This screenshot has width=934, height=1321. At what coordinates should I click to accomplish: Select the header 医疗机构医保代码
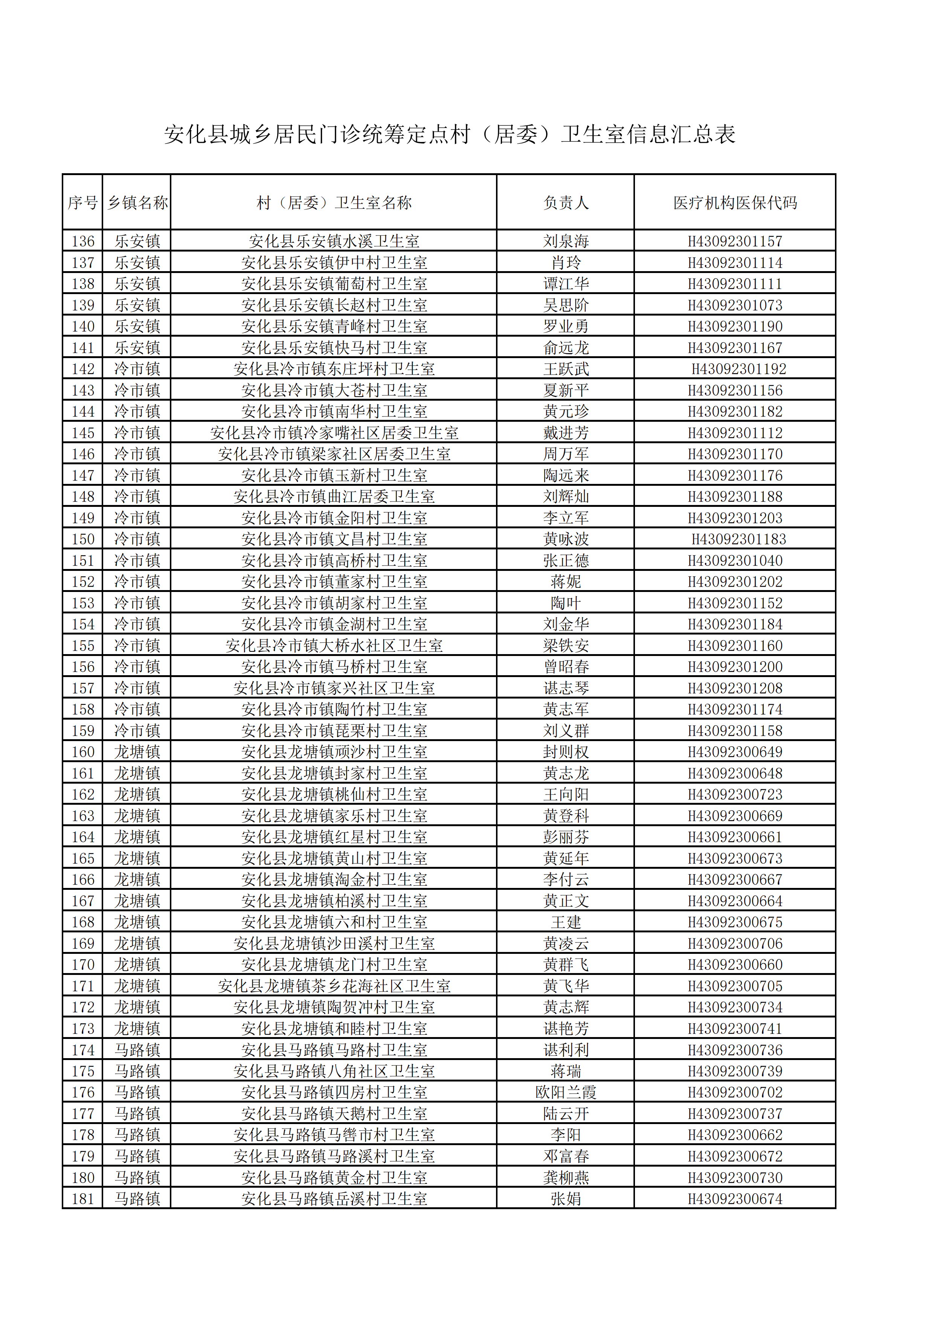coord(735,203)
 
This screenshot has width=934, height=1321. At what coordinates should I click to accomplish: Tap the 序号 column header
coord(82,203)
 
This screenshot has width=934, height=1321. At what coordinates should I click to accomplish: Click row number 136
coord(83,241)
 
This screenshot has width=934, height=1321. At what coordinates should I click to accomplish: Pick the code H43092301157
coord(735,241)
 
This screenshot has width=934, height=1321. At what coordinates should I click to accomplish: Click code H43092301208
coord(735,688)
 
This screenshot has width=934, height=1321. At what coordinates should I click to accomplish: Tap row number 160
coord(83,752)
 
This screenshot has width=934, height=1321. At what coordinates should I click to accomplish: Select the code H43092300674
coord(735,1199)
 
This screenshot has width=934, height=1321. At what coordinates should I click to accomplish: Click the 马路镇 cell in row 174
coord(137,1050)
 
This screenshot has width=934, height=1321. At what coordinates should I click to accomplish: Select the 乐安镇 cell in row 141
coord(137,348)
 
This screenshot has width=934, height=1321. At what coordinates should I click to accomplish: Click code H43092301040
coord(735,560)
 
